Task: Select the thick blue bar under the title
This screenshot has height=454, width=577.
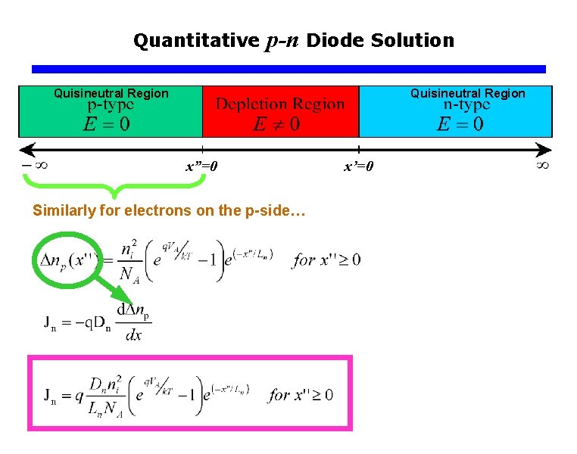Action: coord(288,69)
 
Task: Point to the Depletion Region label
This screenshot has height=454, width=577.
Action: coord(280,104)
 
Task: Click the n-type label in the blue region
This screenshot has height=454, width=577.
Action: coord(465,105)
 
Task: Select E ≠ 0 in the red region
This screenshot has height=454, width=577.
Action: coord(277,123)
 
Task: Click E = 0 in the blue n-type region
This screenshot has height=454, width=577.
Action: coord(460,124)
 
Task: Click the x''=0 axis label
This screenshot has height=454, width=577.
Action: coord(202,166)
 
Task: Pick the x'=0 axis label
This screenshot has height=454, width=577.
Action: coord(359,166)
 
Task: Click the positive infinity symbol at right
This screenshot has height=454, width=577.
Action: coord(542,163)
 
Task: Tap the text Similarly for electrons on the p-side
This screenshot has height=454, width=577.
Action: coord(168,211)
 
